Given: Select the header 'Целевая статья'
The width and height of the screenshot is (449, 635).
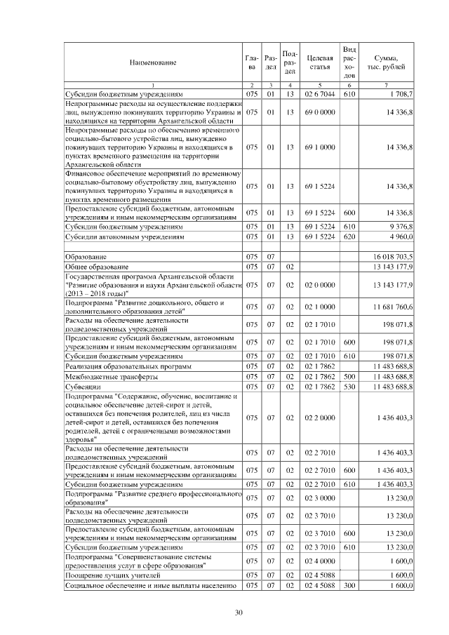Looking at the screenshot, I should pyautogui.click(x=319, y=62).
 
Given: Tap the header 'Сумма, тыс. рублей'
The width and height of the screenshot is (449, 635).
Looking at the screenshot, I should pyautogui.click(x=387, y=62).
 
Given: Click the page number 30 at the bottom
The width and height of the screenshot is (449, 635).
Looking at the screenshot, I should pyautogui.click(x=239, y=613).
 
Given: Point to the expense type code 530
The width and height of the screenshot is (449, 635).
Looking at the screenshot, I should pyautogui.click(x=350, y=387).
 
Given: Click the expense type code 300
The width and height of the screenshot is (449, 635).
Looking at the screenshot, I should pyautogui.click(x=350, y=585).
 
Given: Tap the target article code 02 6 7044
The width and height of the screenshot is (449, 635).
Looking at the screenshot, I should pyautogui.click(x=319, y=93).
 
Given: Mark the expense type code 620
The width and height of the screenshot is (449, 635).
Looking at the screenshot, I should pyautogui.click(x=350, y=237).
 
